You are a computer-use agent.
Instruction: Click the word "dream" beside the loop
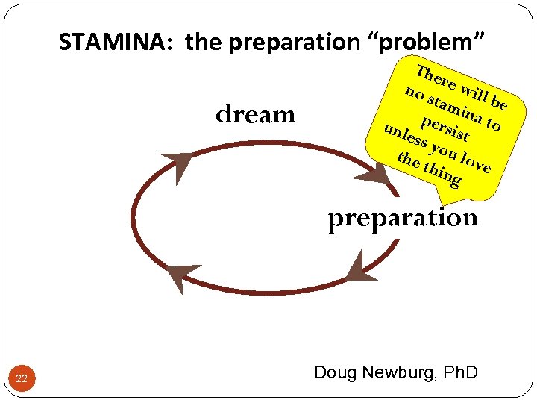(255, 114)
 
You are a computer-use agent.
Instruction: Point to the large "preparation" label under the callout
(403, 218)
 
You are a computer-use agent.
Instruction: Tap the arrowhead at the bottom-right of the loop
(361, 266)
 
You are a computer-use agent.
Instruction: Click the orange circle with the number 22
(22, 379)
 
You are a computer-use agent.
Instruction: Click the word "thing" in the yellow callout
(442, 175)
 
